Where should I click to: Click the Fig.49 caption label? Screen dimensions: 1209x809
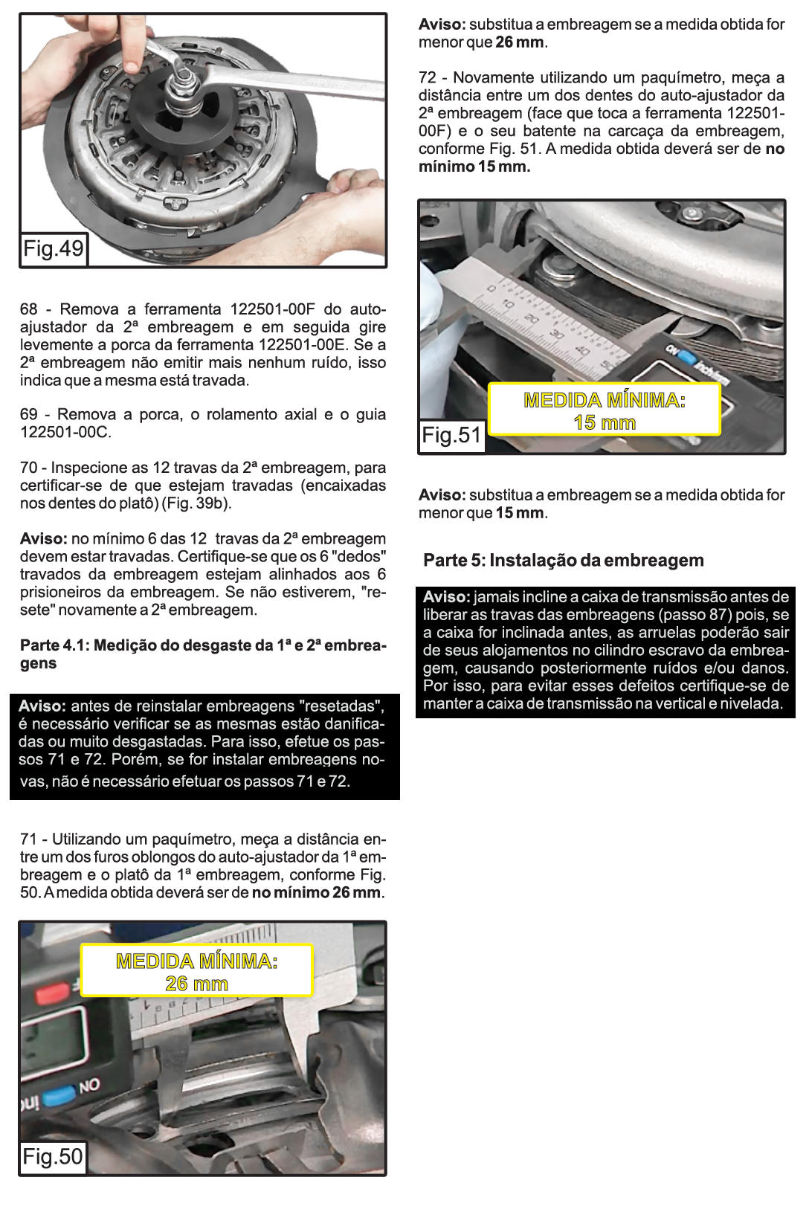coord(54,248)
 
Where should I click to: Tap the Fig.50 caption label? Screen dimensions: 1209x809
coord(53,1156)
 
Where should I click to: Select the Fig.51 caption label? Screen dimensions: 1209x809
coord(451,435)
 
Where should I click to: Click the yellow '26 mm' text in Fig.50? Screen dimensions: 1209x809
coord(197,984)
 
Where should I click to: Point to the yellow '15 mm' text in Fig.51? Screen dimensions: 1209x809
coord(605,422)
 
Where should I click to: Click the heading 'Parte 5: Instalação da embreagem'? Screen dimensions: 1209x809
coord(563,561)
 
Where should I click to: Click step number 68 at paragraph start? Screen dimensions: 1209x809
coord(28,309)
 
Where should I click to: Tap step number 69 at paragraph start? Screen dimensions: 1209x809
coord(28,415)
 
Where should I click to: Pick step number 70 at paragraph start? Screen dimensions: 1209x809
coord(28,468)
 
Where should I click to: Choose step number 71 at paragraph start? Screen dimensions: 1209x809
coord(28,839)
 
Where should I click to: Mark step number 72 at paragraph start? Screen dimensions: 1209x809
coord(427,78)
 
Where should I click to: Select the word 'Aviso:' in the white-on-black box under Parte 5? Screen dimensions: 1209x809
coord(446,597)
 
